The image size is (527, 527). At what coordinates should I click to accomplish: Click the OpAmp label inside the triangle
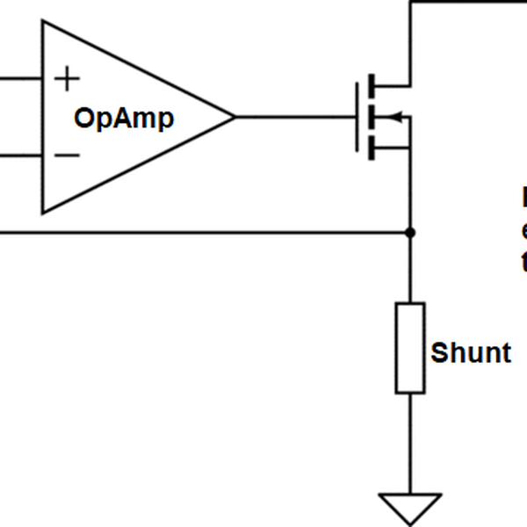coord(124,118)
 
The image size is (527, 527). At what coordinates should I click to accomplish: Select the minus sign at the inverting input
coord(67,155)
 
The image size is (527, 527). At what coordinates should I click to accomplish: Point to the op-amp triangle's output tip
coord(234,117)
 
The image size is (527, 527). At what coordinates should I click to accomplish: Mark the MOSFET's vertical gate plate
coord(358,117)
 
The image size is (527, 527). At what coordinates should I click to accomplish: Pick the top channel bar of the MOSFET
coord(372,85)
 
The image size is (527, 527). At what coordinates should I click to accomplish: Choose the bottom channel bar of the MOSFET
coord(372,148)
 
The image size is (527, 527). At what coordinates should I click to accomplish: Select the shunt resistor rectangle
coord(410,348)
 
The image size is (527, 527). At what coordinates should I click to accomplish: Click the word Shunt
coord(470,353)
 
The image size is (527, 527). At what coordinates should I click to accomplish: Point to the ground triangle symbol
coord(410,506)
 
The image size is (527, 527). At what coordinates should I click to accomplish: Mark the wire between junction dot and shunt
coord(410,269)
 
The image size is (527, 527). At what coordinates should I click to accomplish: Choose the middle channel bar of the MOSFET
coord(372,117)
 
